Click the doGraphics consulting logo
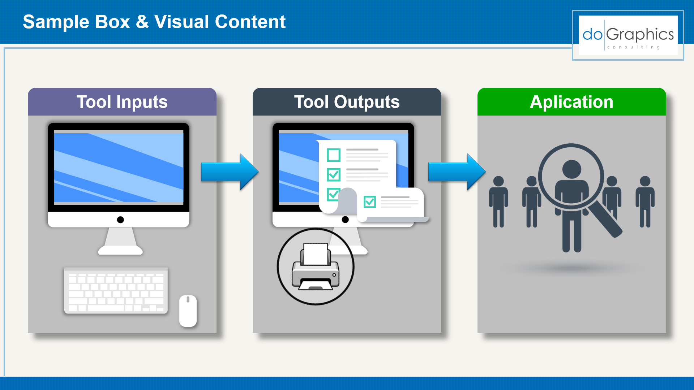coord(628,35)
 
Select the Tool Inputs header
coord(122,102)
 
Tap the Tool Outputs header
coord(347,102)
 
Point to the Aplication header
coord(572,102)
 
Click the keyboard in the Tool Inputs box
coord(116,291)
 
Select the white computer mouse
coord(188,311)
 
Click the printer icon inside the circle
coord(316,267)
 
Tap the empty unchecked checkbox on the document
coord(334,155)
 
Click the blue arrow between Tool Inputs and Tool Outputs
coord(230,172)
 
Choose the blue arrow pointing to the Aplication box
coord(457,172)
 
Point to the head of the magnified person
coord(572,169)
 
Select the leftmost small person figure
coord(498,201)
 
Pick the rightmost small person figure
coord(645,201)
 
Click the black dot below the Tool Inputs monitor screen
coord(120,220)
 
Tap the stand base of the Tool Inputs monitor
coord(120,250)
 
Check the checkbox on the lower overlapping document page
coord(370,202)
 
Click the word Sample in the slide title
coord(56,22)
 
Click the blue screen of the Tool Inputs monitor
coord(119,168)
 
